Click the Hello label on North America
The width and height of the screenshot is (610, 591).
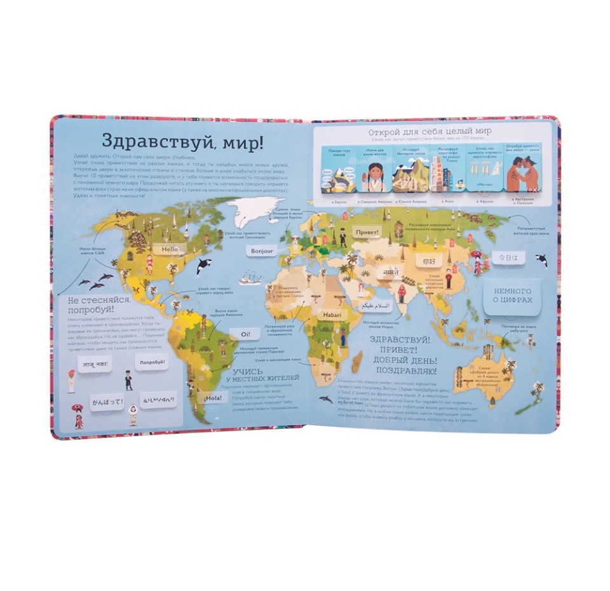(170, 250)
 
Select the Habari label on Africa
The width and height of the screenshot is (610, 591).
(330, 314)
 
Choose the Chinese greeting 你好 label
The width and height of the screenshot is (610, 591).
(423, 260)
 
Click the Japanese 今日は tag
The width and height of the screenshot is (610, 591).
(502, 259)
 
